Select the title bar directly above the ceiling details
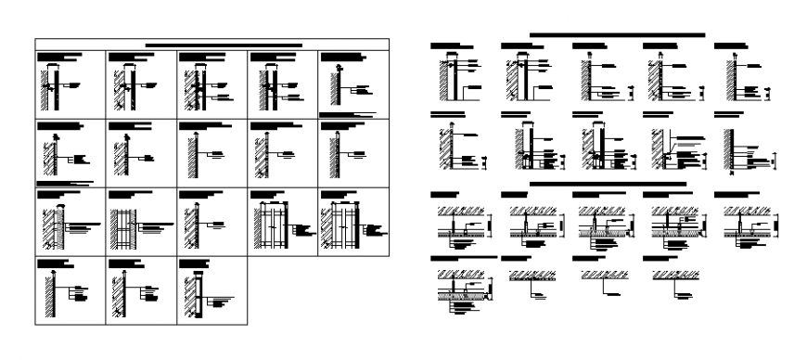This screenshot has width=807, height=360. [x=608, y=185]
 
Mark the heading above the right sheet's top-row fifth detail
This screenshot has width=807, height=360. [x=731, y=45]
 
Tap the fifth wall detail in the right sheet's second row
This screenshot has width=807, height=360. [x=732, y=147]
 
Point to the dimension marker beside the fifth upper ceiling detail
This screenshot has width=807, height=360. [x=777, y=224]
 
